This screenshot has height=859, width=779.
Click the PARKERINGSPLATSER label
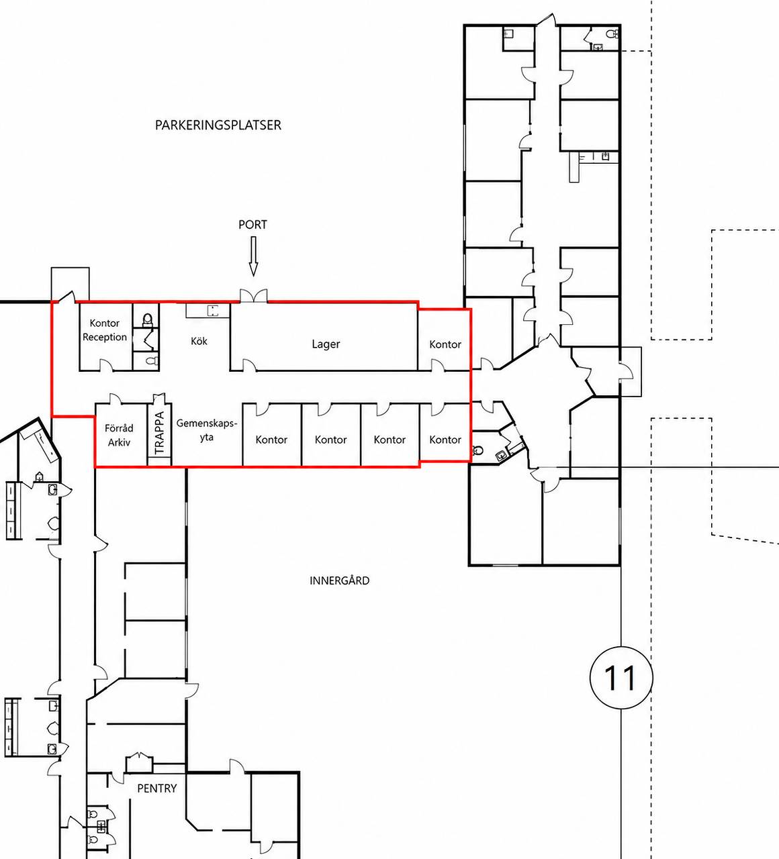click(x=218, y=125)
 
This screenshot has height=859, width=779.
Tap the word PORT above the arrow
click(x=253, y=224)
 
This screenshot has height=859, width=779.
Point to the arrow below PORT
click(x=253, y=256)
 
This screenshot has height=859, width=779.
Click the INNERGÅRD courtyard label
click(x=339, y=580)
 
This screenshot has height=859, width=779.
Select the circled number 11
click(x=621, y=678)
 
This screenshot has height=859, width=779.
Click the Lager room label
click(x=326, y=344)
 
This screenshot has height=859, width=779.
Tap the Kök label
click(x=199, y=341)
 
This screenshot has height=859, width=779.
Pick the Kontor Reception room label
click(x=105, y=330)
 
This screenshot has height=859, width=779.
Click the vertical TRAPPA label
click(x=159, y=433)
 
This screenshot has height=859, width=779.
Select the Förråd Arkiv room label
click(x=119, y=435)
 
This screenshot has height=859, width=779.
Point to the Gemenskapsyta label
click(x=207, y=430)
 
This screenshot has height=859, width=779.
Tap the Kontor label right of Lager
click(x=445, y=344)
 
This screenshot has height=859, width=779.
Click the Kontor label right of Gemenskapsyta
click(x=271, y=440)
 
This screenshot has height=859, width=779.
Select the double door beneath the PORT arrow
click(x=254, y=296)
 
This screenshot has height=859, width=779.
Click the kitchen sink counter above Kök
click(x=208, y=311)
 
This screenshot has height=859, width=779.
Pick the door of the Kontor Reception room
click(x=106, y=365)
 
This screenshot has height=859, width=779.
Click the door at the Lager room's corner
click(x=249, y=365)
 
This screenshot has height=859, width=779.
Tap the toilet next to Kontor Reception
click(x=147, y=319)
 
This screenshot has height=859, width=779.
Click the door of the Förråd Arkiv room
click(x=115, y=399)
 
